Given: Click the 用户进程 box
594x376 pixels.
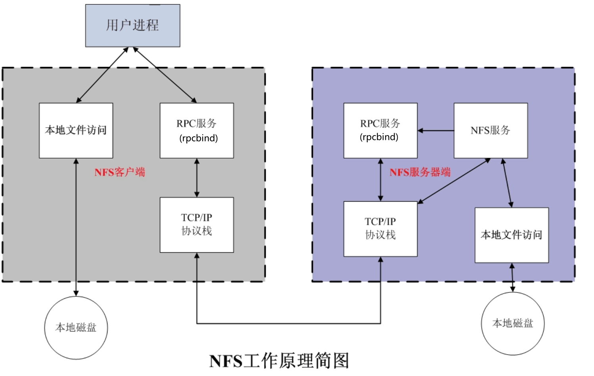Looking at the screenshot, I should click(132, 25).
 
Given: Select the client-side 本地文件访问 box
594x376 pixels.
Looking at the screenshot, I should click(76, 130).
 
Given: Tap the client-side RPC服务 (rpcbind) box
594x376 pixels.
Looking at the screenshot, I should click(197, 130).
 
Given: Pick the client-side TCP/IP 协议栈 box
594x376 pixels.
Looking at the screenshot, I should click(197, 225).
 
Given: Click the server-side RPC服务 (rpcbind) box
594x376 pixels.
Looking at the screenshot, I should click(380, 130).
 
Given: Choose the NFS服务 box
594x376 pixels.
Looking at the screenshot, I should click(491, 130).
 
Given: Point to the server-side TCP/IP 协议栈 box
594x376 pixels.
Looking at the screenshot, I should click(380, 229).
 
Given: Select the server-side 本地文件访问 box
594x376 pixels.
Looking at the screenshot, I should click(512, 235).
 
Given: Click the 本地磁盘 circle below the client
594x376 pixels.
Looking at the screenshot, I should click(76, 328).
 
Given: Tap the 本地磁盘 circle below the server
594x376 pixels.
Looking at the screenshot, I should click(513, 323).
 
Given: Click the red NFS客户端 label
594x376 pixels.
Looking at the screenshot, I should click(120, 172).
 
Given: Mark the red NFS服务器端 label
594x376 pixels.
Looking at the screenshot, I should click(420, 172).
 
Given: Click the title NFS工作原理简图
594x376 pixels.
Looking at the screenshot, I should click(279, 361).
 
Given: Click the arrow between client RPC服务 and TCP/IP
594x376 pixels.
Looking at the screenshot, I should click(197, 178).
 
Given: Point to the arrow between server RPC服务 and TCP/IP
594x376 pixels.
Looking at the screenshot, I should click(380, 180).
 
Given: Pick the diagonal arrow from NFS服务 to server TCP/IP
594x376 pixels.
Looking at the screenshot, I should click(454, 181).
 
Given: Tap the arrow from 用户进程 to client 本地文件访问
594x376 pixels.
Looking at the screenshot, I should click(102, 75).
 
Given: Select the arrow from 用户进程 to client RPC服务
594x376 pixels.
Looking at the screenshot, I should click(165, 75).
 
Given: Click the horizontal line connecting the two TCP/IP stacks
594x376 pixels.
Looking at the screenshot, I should click(289, 324).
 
